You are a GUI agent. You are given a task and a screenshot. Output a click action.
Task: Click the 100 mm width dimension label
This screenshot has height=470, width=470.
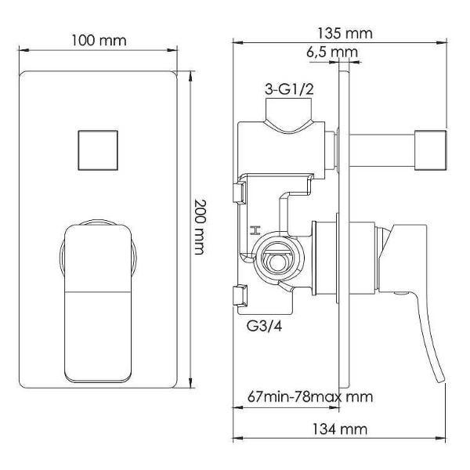[x=99, y=41]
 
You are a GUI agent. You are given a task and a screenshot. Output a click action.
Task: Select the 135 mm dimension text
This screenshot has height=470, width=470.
[x=345, y=33]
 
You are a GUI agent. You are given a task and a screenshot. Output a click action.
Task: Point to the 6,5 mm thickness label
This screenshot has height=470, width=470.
[x=332, y=52]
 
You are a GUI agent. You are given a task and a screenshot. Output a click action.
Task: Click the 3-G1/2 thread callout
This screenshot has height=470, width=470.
[x=289, y=89]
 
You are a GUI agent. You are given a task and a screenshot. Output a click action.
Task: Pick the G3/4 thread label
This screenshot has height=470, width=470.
[x=264, y=326]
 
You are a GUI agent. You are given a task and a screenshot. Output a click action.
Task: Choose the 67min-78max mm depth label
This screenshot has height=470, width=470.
[x=310, y=397]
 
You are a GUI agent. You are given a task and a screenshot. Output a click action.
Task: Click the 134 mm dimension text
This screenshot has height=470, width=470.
[x=340, y=429]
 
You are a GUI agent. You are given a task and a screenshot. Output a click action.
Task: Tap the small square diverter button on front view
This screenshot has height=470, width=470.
[x=98, y=150]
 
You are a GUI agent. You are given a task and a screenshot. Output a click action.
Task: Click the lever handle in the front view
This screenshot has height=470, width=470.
[x=98, y=302]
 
